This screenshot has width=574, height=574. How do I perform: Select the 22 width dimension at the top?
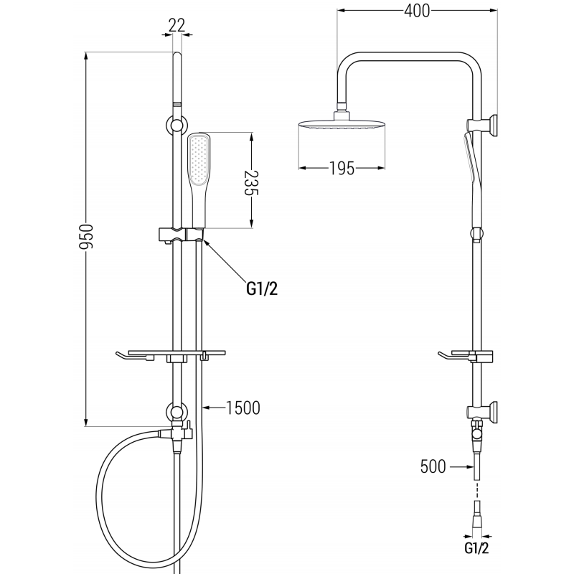click(177, 25)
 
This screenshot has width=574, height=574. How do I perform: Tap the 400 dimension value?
click(415, 11)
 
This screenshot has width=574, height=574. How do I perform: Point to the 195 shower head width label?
click(342, 169)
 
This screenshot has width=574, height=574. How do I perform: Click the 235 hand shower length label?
click(250, 184)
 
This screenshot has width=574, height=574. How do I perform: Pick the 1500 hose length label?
click(242, 408)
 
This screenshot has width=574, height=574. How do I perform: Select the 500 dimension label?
click(433, 467)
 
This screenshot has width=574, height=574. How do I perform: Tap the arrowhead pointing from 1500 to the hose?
click(208, 408)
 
